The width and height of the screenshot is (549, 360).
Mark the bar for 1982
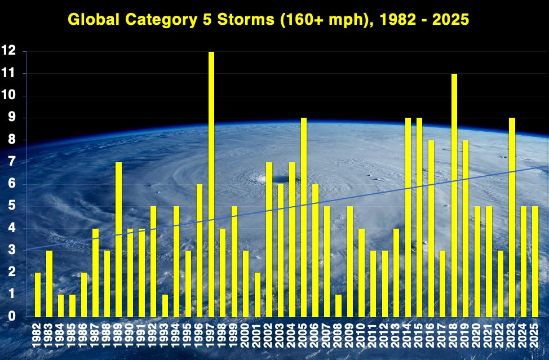38,294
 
